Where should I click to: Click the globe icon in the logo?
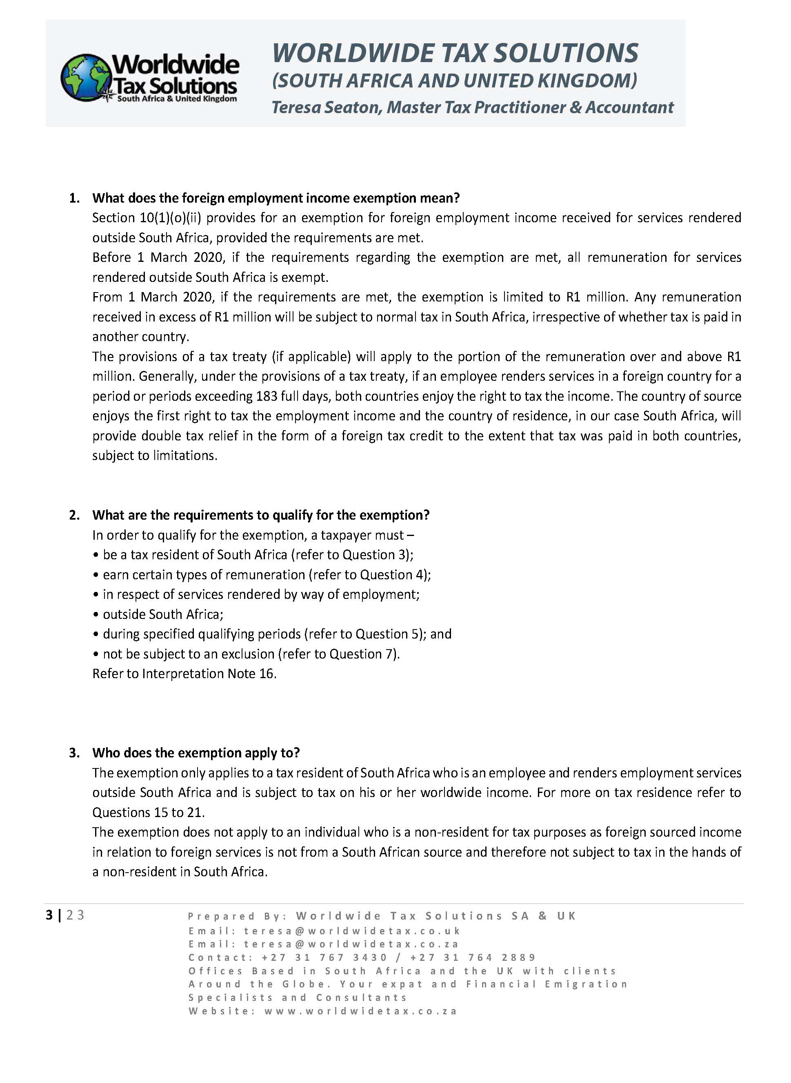tap(86, 78)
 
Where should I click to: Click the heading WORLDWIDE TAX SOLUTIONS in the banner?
tap(455, 53)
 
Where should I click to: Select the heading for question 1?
tap(276, 198)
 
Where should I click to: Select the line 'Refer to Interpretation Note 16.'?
tap(184, 674)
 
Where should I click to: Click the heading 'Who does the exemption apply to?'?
tap(196, 753)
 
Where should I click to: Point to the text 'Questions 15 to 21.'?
tap(149, 812)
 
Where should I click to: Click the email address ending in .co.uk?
tap(352, 931)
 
